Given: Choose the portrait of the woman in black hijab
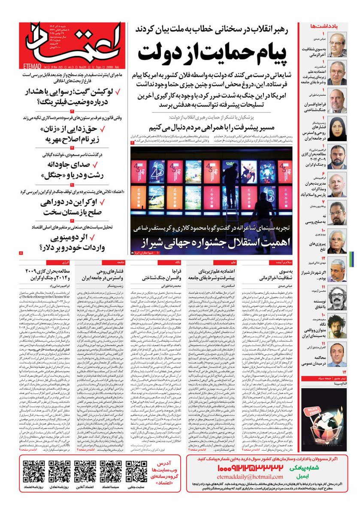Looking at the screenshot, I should (337, 128).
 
